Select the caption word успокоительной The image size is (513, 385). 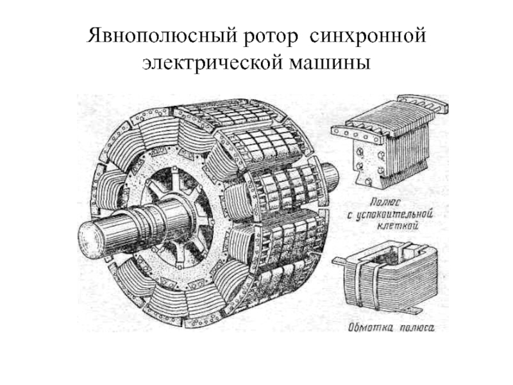click(396, 213)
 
